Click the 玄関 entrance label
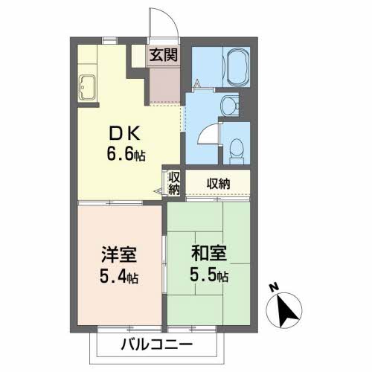pyautogui.click(x=163, y=54)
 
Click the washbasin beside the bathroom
pyautogui.click(x=231, y=103)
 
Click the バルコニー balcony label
pyautogui.click(x=156, y=345)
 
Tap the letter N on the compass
pyautogui.click(x=274, y=287)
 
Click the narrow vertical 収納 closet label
pyautogui.click(x=173, y=182)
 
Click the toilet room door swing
pyautogui.click(x=209, y=134)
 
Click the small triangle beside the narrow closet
pyautogui.click(x=158, y=191)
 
